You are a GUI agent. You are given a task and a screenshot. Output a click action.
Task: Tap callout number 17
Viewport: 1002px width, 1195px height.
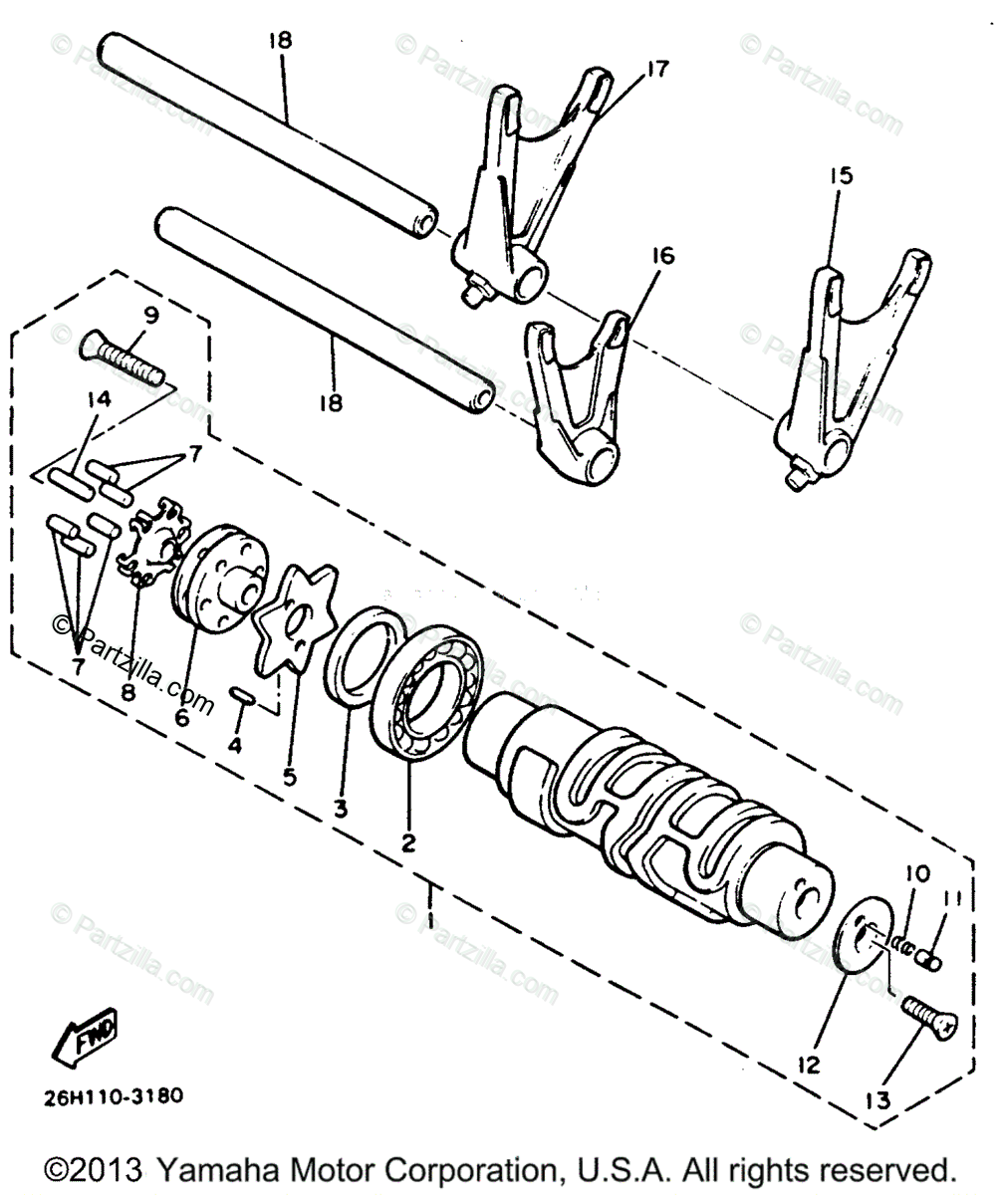656,70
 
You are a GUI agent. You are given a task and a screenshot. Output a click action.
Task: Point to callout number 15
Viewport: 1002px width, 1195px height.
841,176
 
